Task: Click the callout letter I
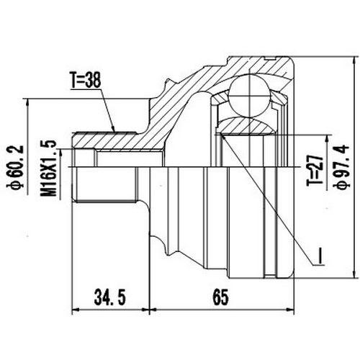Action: click(x=316, y=253)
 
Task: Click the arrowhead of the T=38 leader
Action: click(x=114, y=130)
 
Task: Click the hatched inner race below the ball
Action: click(x=249, y=127)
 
